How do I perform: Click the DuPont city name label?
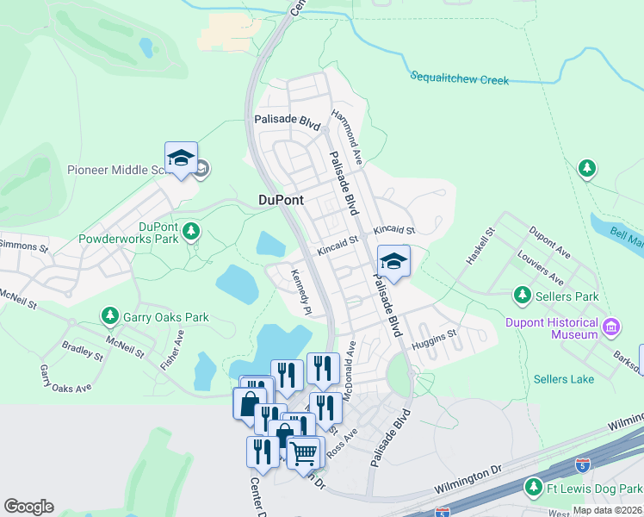[x=281, y=200]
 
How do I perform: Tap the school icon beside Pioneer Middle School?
[x=182, y=159]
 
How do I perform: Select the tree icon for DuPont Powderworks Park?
[x=191, y=231]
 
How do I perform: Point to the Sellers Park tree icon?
[x=522, y=296]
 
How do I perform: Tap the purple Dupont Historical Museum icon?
[x=611, y=327]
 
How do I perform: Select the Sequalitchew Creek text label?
[x=459, y=79]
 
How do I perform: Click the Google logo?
[x=28, y=507]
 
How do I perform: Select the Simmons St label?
[x=24, y=246]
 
